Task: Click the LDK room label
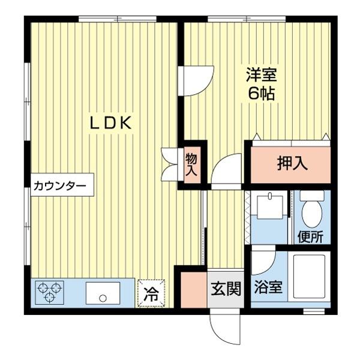pos(111,123)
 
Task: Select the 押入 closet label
pos(292,164)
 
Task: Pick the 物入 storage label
pos(191,164)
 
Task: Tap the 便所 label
pos(310,236)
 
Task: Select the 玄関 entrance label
pos(226,289)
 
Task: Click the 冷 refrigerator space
pos(152,294)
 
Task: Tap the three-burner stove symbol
pos(49,293)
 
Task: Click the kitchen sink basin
pos(103,294)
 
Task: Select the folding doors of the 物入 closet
pos(170,164)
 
